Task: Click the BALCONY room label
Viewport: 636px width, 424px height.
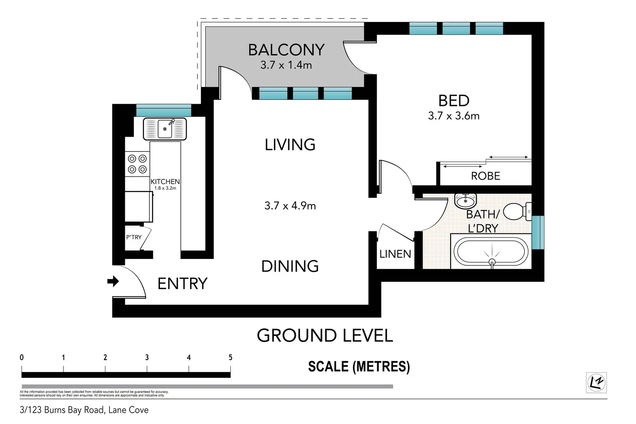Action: coord(286,50)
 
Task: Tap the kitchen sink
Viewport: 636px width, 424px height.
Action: coord(165,129)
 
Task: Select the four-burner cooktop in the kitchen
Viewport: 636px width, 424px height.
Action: coord(137,164)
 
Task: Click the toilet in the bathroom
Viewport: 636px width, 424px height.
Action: coord(517,211)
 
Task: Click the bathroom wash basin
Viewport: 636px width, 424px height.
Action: coord(465,201)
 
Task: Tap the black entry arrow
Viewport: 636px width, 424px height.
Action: coord(113,281)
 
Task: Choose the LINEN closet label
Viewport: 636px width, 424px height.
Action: coord(395,254)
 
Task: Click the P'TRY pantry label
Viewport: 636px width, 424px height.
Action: coord(134,237)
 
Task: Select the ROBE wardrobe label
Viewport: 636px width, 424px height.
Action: coord(486,176)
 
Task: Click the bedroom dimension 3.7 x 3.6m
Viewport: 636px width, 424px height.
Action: coord(454,116)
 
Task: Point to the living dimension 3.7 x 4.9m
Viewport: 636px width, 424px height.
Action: coord(290,206)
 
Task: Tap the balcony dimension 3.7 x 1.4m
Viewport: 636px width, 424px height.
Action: coord(286,65)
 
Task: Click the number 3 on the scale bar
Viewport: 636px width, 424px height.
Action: coord(147,357)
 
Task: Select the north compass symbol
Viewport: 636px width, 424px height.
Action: coord(596,383)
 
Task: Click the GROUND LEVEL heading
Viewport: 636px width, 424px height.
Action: coord(325,335)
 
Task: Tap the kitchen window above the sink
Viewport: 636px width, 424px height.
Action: coord(164,110)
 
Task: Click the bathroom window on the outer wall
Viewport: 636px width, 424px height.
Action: coord(538,233)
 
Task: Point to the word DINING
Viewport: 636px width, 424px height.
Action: coord(290,266)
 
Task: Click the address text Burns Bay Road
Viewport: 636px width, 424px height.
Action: coord(74,410)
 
